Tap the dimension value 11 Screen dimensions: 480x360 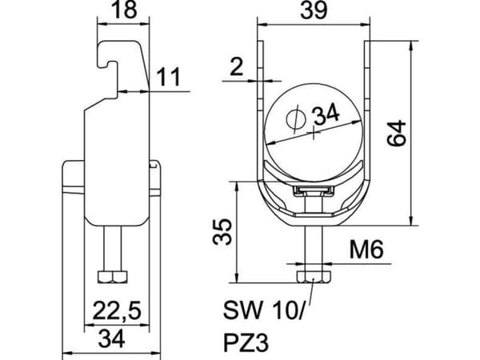pos(168,77)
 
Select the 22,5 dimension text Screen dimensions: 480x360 pos(117,310)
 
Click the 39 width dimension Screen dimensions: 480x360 pos(314,10)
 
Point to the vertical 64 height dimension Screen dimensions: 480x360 pos(397,133)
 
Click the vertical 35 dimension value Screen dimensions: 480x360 pos(222,232)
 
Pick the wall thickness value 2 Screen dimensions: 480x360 pos(236,67)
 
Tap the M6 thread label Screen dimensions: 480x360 pos(366,250)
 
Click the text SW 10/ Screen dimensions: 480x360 pos(264,310)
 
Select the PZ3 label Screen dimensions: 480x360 pos(246,343)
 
